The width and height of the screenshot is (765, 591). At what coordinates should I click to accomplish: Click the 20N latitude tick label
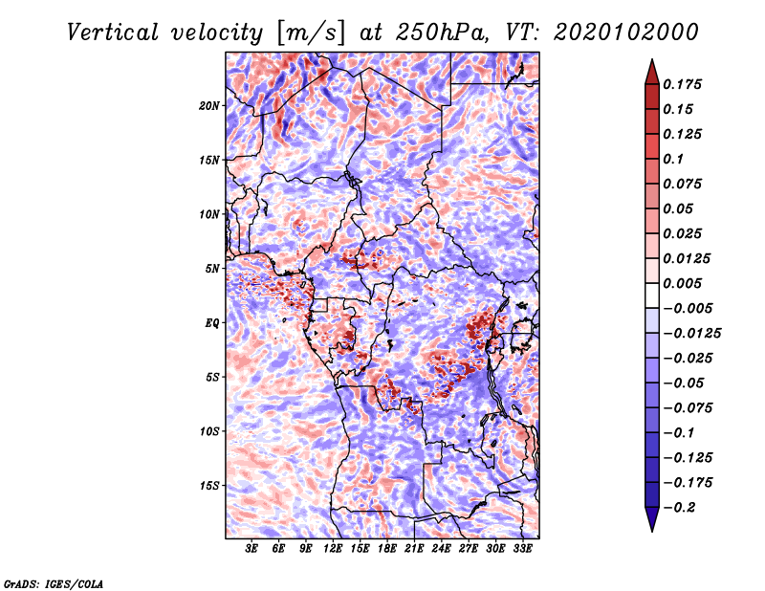pos(209,106)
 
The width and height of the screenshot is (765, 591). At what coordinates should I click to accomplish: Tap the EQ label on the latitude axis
pos(212,323)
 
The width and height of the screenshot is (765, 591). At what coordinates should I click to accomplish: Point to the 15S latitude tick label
pos(209,486)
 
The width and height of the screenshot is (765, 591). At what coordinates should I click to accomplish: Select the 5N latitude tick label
pos(212,269)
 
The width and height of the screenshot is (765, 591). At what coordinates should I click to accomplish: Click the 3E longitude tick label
pos(251,549)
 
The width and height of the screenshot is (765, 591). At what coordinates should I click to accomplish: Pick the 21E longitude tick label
pos(414,549)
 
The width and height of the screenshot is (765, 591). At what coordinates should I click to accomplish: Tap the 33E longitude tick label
pos(522,549)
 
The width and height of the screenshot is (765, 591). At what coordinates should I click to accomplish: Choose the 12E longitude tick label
pos(332,549)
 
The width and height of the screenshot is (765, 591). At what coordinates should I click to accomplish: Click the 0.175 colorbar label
pos(682,84)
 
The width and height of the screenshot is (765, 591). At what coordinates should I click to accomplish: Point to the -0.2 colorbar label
pos(679,508)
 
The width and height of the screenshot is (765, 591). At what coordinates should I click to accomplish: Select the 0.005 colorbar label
pos(682,283)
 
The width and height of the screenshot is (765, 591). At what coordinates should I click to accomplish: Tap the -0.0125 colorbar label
pos(691,334)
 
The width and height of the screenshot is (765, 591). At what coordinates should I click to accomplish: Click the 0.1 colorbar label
pos(673,159)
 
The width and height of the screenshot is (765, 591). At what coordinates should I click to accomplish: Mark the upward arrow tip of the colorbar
pos(652,59)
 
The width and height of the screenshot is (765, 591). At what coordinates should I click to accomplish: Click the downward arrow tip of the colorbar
pos(652,531)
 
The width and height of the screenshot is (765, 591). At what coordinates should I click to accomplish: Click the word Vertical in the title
pos(112,33)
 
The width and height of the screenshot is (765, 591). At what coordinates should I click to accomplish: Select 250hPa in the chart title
pos(442,33)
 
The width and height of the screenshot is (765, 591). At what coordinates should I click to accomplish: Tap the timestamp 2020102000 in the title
pos(626,33)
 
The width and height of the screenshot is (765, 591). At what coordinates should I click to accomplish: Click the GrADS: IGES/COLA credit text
pos(54,583)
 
